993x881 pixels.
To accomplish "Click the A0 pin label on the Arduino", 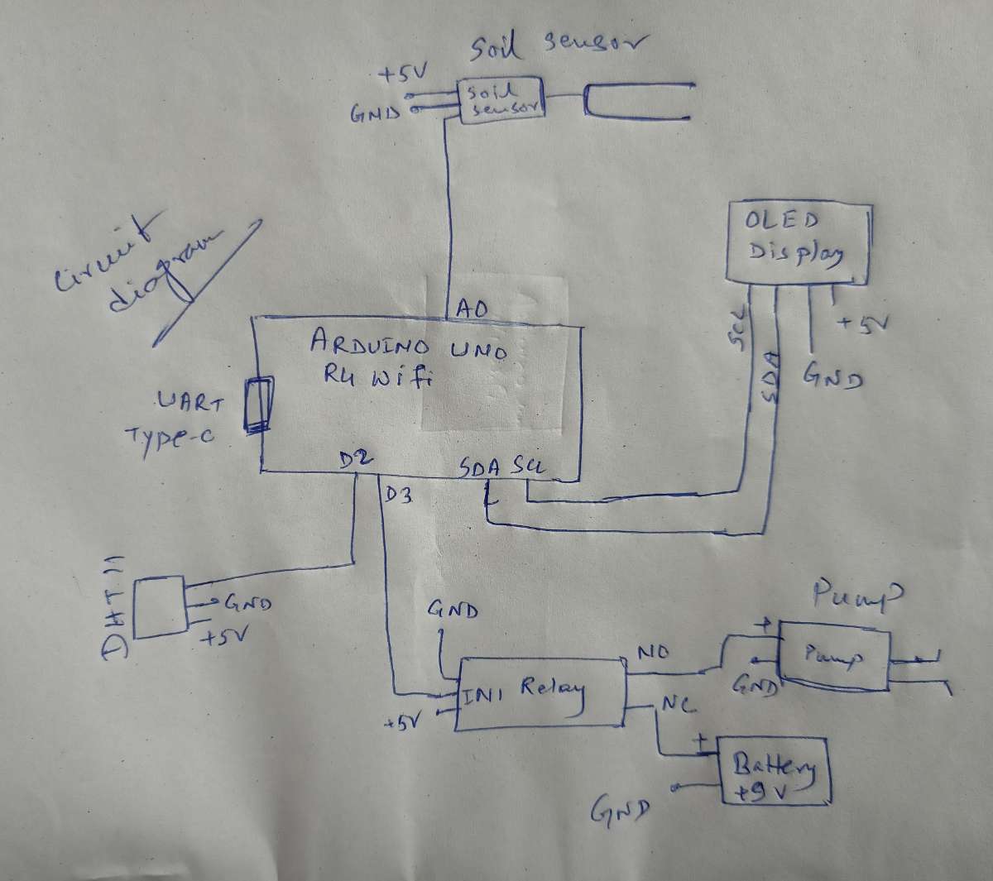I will [x=468, y=309].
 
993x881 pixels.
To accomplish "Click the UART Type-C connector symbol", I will [x=258, y=405].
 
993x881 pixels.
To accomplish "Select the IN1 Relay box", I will [x=540, y=693].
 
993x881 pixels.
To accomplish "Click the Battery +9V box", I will [x=774, y=771].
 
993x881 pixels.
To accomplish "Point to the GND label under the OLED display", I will [x=832, y=378].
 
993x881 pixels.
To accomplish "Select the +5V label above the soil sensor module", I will [x=401, y=75].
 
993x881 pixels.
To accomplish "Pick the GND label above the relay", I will [x=453, y=610].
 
